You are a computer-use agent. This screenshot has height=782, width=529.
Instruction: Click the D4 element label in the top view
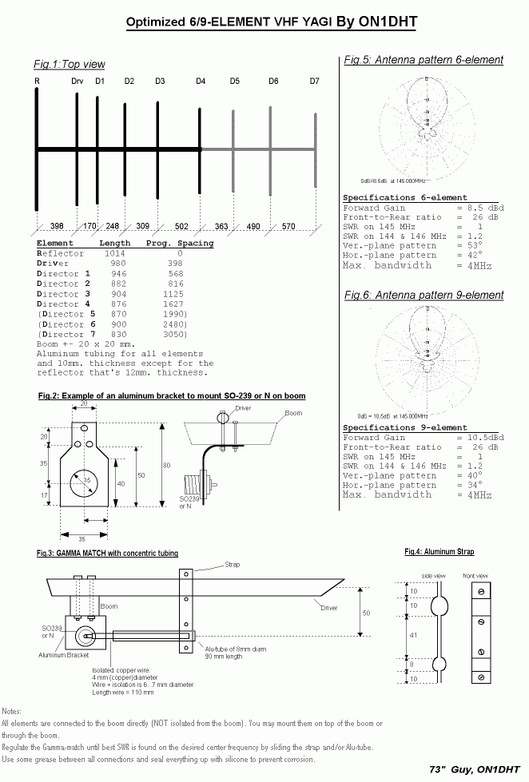(201, 81)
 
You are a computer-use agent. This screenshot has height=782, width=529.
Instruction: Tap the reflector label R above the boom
(37, 81)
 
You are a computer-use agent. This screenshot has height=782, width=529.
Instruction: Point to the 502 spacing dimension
(181, 227)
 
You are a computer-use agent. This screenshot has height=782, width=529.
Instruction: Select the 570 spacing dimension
(288, 227)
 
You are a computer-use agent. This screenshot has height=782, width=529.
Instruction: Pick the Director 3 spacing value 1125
(175, 294)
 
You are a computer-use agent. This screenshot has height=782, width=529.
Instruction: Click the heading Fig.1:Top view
(70, 64)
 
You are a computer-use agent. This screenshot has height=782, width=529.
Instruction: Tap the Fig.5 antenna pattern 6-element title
(424, 60)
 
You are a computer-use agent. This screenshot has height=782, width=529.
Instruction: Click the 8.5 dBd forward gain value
(480, 208)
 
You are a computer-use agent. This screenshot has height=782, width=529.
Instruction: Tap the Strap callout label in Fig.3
(232, 565)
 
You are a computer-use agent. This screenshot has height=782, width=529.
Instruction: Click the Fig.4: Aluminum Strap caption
(439, 552)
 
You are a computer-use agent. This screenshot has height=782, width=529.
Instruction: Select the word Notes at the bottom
(12, 710)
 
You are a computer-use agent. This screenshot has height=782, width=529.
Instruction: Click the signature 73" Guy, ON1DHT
(475, 769)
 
